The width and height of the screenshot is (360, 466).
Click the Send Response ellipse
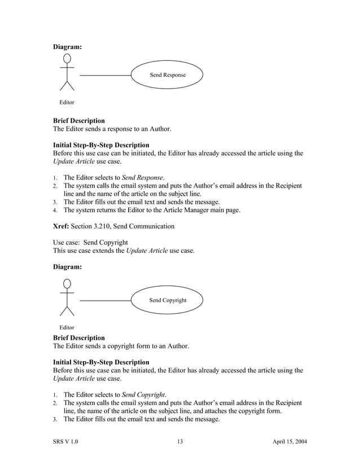coord(167,75)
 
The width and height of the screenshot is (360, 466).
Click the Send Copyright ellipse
coord(167,300)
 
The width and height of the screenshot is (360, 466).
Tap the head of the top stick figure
coord(67,58)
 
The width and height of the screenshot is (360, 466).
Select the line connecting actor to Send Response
coord(105,75)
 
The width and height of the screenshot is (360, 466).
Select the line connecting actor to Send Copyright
coord(105,300)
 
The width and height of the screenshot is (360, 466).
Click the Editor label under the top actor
coord(67,102)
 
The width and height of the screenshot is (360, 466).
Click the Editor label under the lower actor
coord(67,327)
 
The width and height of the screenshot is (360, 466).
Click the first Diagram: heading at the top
coord(67,47)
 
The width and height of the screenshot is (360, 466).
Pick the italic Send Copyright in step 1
coord(144,395)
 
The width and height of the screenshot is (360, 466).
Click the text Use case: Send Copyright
coord(90,242)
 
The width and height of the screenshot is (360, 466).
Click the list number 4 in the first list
coord(55,210)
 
